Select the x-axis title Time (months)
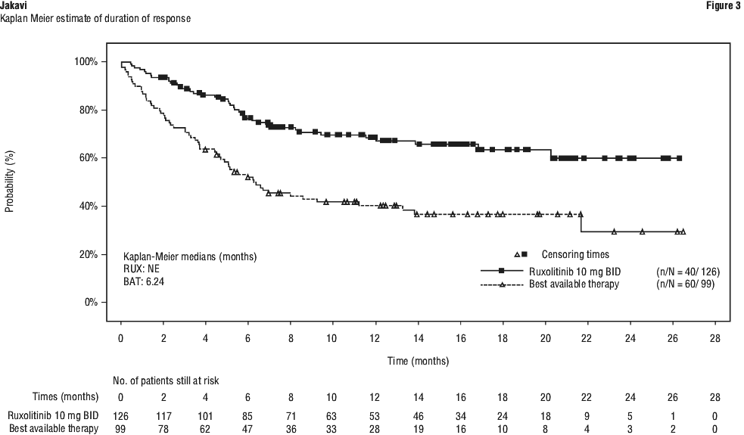click(419, 361)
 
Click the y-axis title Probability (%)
click(10, 182)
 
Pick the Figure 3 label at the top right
click(722, 6)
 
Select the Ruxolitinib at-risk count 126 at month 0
click(121, 416)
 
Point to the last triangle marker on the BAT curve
click(683, 232)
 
